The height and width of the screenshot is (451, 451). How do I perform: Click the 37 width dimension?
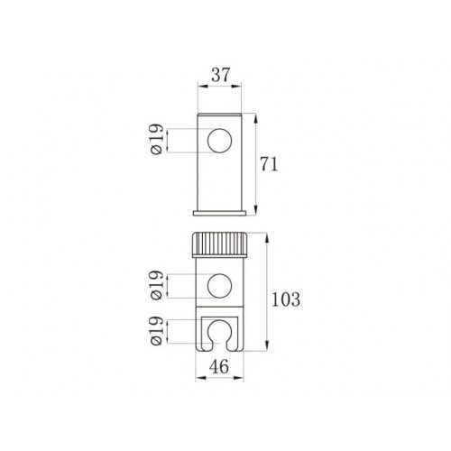click(220, 75)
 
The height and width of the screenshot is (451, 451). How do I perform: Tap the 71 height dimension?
click(269, 164)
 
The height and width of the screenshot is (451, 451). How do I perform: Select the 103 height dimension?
click(286, 299)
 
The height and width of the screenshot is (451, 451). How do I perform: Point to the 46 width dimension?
click(219, 366)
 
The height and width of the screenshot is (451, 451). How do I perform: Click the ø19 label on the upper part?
click(157, 139)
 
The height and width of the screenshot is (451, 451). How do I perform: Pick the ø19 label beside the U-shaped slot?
click(157, 331)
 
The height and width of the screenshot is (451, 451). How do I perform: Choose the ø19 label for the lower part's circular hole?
click(157, 285)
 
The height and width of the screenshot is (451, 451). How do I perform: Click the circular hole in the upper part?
click(220, 141)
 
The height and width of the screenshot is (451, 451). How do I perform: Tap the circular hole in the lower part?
click(219, 286)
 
